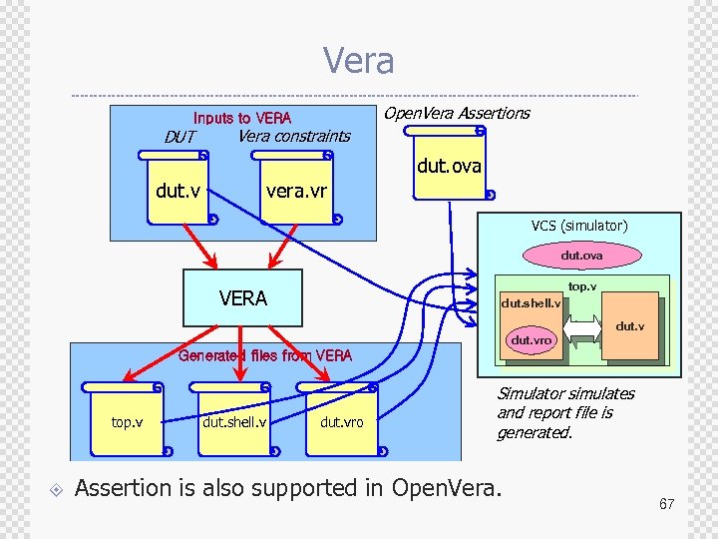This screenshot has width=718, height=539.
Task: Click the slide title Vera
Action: tap(358, 61)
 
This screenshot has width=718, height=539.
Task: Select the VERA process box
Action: tap(242, 297)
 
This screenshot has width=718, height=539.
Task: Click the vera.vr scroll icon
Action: tap(295, 190)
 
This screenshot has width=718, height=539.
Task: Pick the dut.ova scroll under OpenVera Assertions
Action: tap(449, 166)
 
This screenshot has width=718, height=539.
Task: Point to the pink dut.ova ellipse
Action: tap(581, 256)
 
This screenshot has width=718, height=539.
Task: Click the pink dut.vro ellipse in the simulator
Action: tap(531, 340)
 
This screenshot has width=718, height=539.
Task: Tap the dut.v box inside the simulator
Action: tap(629, 325)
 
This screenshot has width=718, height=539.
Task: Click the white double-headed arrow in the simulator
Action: tap(583, 324)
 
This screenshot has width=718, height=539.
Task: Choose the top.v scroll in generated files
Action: tap(126, 421)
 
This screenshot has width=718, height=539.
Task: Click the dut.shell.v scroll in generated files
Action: tap(234, 421)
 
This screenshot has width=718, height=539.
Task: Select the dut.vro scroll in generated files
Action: tap(341, 421)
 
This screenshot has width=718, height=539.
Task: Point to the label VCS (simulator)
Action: tap(579, 226)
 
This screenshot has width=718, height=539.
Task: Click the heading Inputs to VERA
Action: tap(242, 118)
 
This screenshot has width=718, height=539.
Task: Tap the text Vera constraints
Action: tap(293, 136)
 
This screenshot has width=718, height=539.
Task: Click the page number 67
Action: tap(666, 504)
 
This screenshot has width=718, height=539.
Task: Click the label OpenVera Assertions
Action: tap(457, 113)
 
